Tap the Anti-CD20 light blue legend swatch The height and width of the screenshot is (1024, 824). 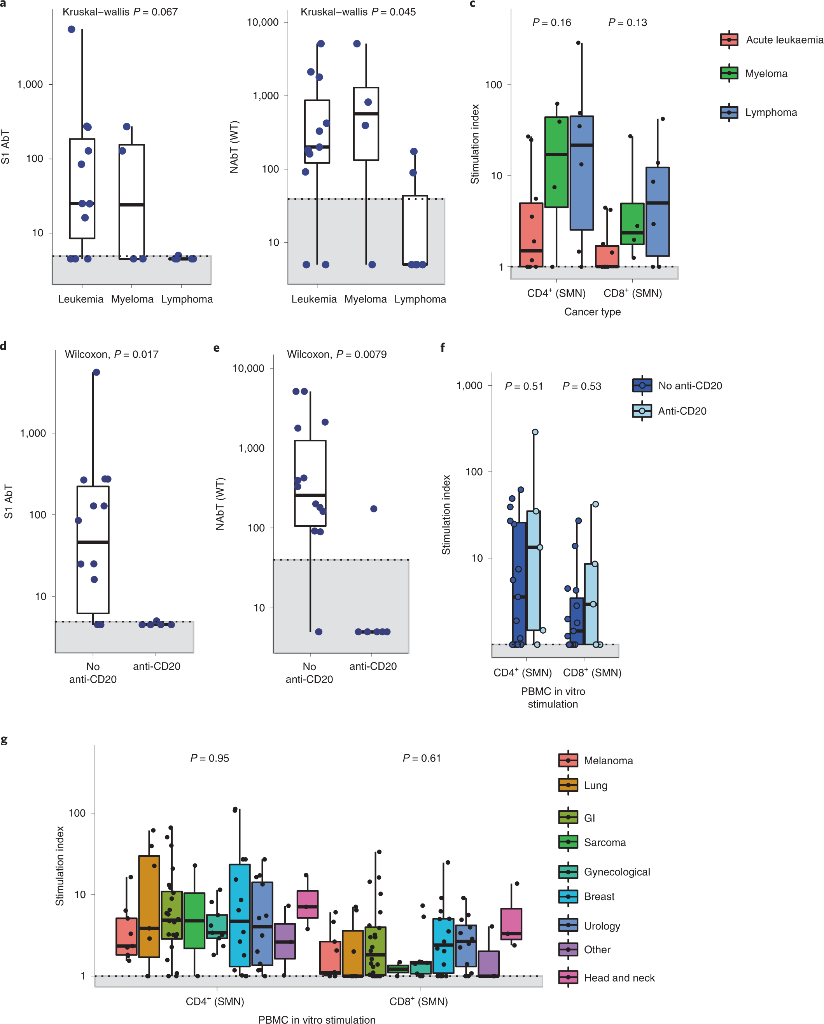[x=642, y=411]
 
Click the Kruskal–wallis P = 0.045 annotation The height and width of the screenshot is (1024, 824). [x=358, y=12]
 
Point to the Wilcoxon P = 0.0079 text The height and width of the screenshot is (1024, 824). [x=336, y=354]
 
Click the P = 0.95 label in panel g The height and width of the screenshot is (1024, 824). [x=210, y=758]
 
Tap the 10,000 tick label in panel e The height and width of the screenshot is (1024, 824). [x=248, y=368]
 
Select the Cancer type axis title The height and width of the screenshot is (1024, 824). [x=592, y=311]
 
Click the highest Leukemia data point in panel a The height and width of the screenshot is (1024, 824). [x=71, y=30]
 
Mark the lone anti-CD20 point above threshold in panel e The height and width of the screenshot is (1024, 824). [x=374, y=509]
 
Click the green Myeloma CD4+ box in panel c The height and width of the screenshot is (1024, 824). [x=556, y=161]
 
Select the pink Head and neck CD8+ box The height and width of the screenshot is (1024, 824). [x=511, y=924]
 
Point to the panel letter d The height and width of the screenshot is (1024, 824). [x=4, y=346]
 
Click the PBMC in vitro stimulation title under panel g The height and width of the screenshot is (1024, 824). [x=317, y=1019]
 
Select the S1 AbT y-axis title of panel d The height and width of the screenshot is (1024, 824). [x=9, y=501]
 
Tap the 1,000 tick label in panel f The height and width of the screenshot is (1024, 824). [x=469, y=385]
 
